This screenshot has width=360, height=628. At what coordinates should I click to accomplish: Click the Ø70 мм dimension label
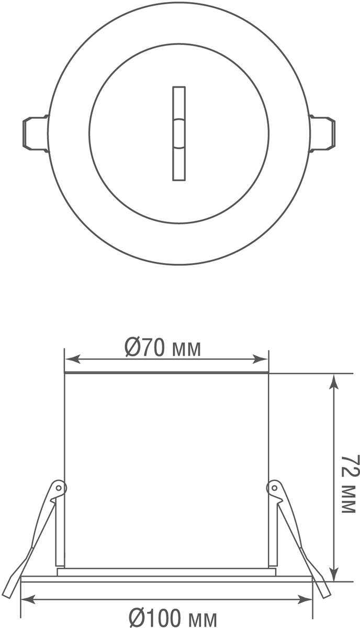[x=163, y=349]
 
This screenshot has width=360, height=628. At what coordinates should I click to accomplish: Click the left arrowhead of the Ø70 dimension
[x=72, y=359]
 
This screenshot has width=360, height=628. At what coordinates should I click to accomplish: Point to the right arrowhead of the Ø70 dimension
[x=261, y=359]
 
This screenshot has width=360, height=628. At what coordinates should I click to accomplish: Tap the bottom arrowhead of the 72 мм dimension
[x=333, y=573]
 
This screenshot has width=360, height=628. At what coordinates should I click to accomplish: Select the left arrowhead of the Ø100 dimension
[x=29, y=598]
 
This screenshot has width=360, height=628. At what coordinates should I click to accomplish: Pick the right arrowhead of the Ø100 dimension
[x=305, y=598]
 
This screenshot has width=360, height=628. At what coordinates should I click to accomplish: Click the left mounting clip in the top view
[x=36, y=133]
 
